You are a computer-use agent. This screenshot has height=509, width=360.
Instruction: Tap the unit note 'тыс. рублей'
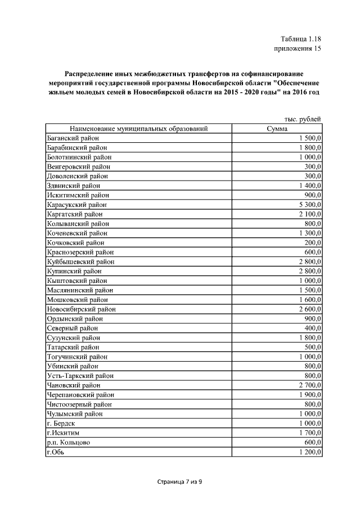point(302,119)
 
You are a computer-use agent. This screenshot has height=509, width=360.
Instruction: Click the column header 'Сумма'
point(277,129)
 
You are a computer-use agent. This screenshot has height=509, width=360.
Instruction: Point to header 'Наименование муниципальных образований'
point(135,129)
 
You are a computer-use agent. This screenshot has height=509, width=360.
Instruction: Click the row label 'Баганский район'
point(73,138)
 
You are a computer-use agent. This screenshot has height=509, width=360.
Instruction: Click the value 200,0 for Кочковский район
point(310,242)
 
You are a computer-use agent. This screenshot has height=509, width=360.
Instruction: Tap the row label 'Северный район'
point(73,328)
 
